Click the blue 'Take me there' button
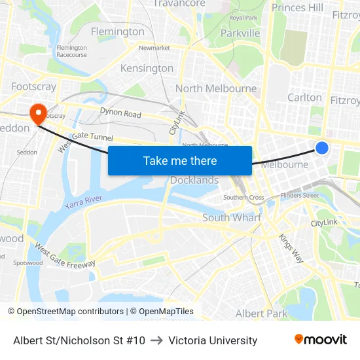click(180, 160)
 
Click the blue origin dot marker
click(322, 148)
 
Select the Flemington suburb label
click(118, 31)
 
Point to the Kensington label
click(147, 68)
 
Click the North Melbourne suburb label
click(216, 88)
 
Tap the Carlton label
click(305, 98)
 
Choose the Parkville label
click(240, 33)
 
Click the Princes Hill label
click(298, 8)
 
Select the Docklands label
click(194, 180)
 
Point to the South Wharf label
click(232, 217)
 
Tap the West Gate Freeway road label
click(65, 256)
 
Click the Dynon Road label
click(120, 113)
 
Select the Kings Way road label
click(291, 248)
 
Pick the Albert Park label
click(261, 314)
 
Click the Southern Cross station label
click(243, 197)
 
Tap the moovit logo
click(321, 339)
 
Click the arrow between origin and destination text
click(156, 340)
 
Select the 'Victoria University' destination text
click(213, 340)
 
